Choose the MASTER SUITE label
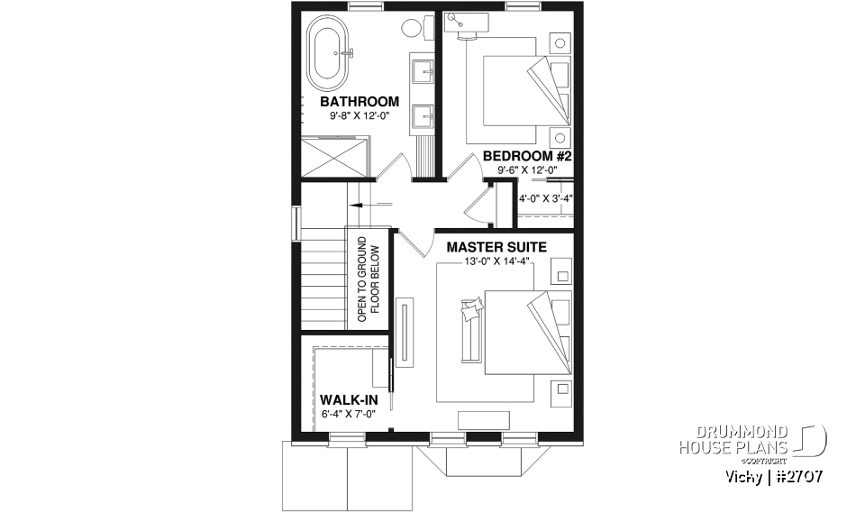point(496,245)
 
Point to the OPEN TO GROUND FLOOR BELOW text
point(369,280)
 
